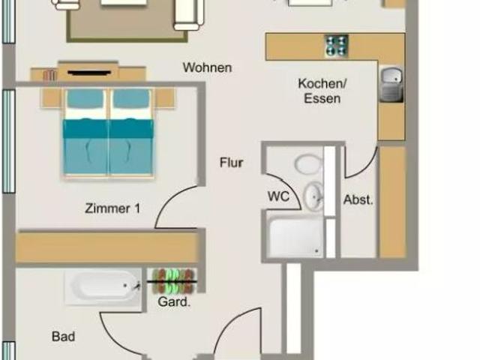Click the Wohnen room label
207,67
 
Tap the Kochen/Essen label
322,91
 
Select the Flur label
232,163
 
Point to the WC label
278,196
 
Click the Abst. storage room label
358,200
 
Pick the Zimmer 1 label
112,208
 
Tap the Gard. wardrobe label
174,301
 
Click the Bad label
63,337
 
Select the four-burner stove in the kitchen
337,46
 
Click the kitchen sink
391,85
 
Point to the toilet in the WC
308,164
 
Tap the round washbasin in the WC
313,196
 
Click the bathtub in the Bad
103,287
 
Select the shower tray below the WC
295,235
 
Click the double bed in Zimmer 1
108,133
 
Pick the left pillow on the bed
85,98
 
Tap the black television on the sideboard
89,73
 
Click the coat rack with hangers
172,281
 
